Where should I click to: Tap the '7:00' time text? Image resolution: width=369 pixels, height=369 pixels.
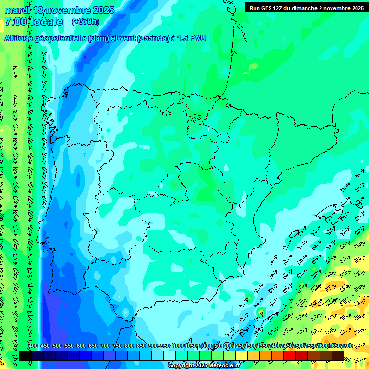tap(15, 22)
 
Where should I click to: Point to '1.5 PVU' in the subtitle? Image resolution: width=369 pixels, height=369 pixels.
tap(192, 38)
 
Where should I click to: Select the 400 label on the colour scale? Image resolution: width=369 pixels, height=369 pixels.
tap(33, 346)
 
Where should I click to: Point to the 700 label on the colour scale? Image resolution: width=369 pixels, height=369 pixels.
tap(105, 346)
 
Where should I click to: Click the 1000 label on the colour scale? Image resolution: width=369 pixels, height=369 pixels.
tap(179, 346)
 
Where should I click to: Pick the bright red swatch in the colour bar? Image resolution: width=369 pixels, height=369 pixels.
tap(290, 356)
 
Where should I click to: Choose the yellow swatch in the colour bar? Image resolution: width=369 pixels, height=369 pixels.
tap(242, 356)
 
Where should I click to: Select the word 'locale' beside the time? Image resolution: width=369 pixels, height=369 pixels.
tap(46, 22)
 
